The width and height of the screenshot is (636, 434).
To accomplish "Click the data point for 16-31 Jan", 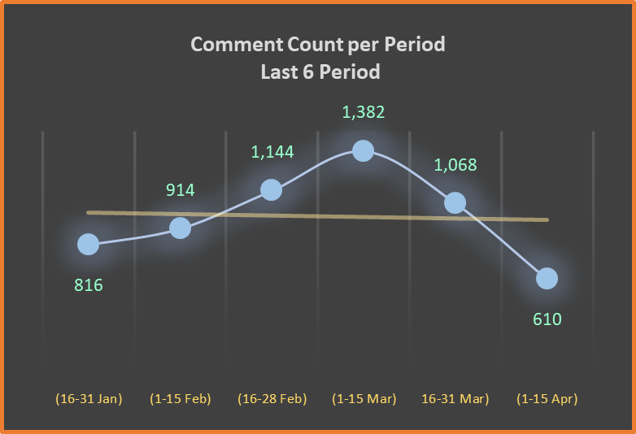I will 88,244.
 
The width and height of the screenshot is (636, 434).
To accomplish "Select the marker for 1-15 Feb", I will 180,228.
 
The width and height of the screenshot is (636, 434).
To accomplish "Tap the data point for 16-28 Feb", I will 272,189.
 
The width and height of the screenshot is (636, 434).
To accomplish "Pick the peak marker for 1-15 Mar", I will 364,150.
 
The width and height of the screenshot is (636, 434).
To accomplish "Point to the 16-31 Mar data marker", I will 455,202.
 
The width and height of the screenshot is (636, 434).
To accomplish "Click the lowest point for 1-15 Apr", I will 547,278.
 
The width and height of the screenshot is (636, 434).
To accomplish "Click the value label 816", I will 89,285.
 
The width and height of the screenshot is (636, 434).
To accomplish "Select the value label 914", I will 181,190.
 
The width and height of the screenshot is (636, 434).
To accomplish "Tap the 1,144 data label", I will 272,151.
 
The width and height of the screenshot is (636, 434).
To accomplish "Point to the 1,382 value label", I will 364,112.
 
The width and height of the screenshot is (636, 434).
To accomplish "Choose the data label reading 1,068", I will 455,165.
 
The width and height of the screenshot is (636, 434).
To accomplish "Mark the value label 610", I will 547,319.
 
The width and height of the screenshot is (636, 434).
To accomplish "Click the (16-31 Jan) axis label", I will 89,399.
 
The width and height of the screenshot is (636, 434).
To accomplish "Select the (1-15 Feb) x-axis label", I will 181,399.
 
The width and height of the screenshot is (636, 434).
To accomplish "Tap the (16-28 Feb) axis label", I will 272,399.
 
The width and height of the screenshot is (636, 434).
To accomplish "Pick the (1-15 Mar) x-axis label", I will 364,399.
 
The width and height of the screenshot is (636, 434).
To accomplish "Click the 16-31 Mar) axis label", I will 455,399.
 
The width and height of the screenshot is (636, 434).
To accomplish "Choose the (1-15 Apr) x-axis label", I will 547,399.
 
